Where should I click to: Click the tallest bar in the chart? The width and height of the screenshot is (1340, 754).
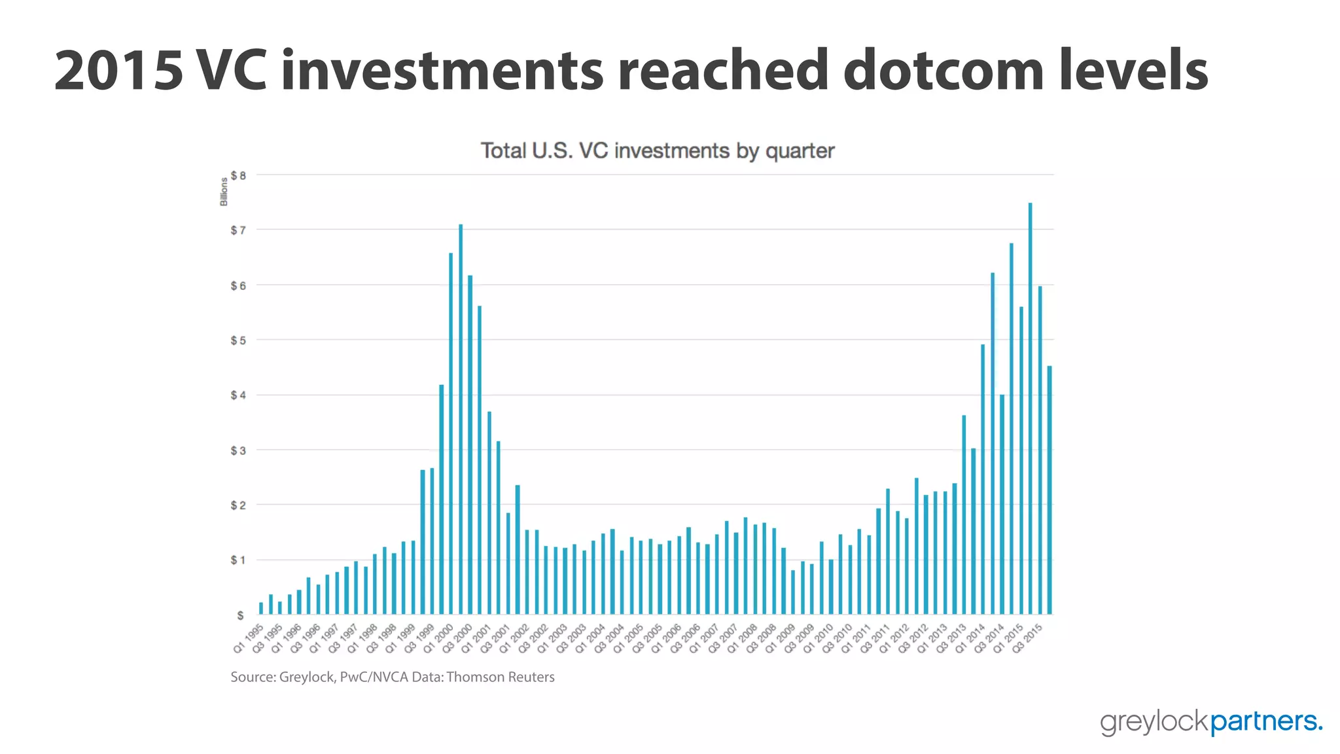1030,408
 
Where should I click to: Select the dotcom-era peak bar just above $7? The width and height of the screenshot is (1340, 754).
461,419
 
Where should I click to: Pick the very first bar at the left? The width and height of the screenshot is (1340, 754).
261,608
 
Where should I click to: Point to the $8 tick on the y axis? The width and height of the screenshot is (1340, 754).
238,175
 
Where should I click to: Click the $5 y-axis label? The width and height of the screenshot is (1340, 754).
238,340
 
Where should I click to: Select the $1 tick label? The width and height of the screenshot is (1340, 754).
238,560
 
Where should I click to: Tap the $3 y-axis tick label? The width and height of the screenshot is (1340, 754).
238,450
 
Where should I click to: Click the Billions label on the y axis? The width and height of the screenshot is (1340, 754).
224,192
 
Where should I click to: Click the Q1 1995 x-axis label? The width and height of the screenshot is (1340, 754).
249,638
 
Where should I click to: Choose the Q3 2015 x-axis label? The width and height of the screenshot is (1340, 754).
1027,638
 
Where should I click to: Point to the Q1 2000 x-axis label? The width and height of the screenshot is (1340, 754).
439,638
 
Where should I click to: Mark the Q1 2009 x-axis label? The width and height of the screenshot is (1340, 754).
780,638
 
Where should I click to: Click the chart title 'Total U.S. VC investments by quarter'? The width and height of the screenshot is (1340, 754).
658,151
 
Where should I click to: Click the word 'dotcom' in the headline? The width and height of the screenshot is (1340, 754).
943,70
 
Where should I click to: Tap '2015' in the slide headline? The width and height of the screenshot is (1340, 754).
118,70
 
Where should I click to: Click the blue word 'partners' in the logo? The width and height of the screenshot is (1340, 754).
1262,721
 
